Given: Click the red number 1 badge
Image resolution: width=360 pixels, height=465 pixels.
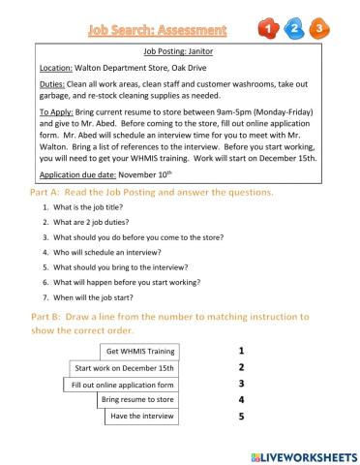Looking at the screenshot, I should pos(270,29).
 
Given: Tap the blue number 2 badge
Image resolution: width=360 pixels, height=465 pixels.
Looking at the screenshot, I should pos(294,29).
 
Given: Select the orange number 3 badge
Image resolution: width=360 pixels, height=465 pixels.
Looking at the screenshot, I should pos(318,29).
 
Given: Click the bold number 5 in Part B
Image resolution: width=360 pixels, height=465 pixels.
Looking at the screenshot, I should pos(241,418).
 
